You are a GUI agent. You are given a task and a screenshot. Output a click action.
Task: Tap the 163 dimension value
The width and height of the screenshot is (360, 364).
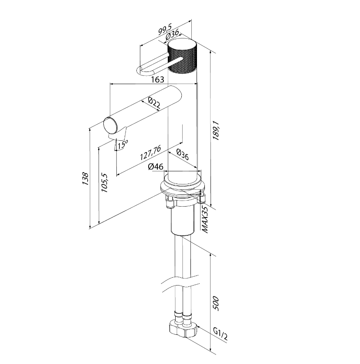click(158, 80)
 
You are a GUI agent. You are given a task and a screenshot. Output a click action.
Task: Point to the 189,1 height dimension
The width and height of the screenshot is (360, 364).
click(216, 130)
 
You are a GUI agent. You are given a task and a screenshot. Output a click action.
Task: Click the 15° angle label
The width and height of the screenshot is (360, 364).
click(122, 144)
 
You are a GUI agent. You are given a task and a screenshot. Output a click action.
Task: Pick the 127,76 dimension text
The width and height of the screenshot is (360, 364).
click(150, 153)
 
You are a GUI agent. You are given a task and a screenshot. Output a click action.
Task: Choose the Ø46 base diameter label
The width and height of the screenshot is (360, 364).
click(156, 167)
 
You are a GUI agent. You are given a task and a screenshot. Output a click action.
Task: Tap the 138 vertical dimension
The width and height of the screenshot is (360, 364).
click(85, 179)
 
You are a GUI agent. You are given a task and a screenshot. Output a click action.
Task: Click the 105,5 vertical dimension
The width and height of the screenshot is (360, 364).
click(105, 183)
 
